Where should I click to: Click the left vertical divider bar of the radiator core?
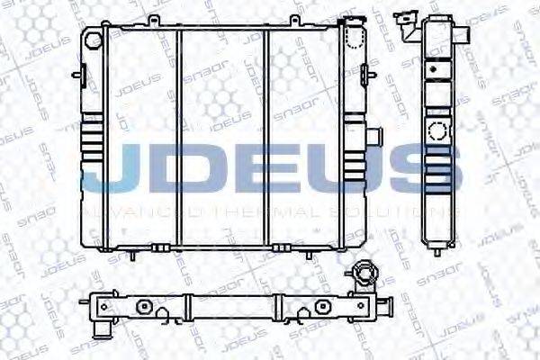pos(178,135)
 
